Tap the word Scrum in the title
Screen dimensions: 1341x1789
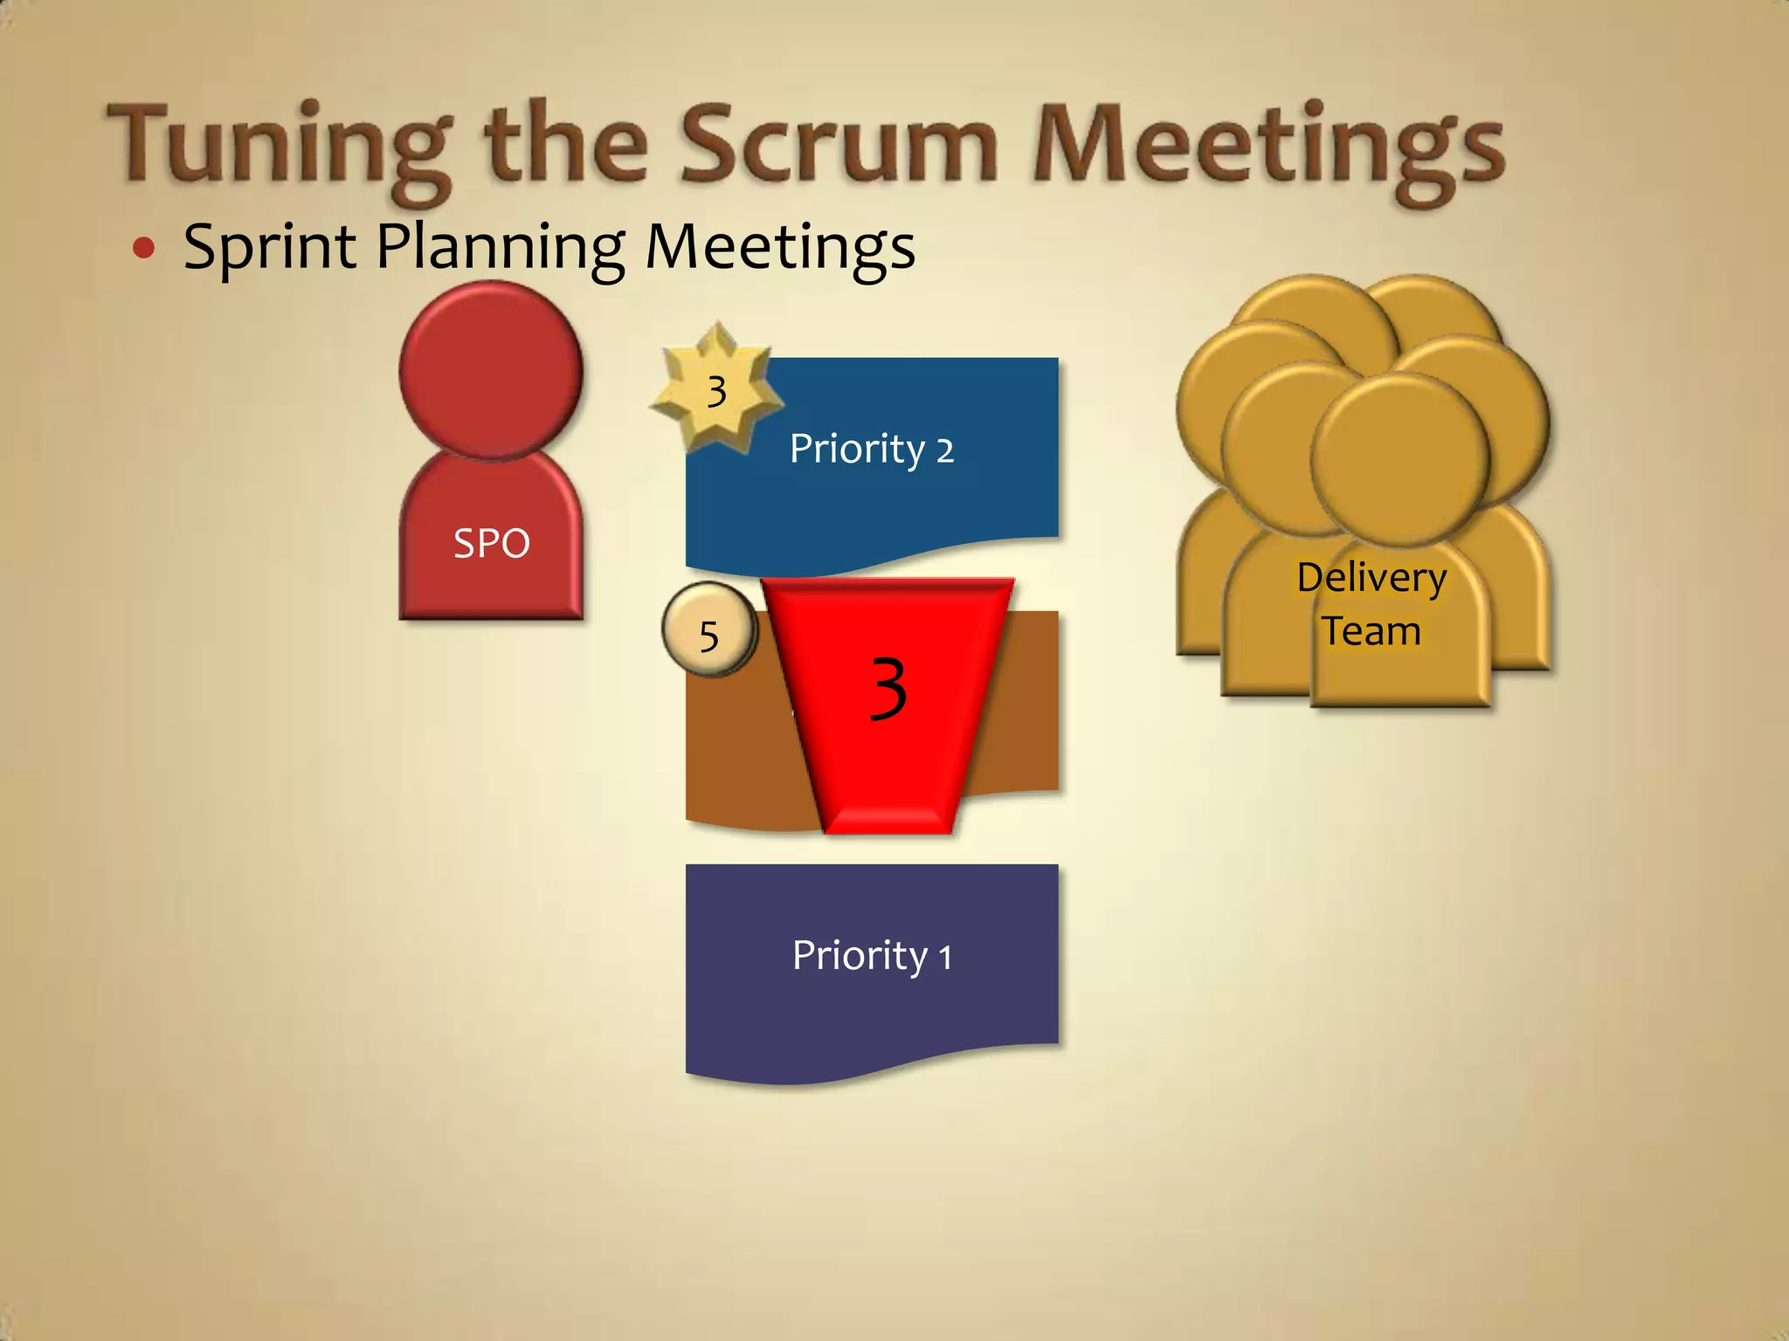click(839, 144)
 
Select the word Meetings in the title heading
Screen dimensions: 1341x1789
click(1267, 148)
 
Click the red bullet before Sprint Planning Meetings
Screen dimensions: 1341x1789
click(144, 249)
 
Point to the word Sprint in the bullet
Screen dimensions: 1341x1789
click(269, 248)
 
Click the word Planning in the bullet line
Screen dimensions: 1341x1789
click(500, 248)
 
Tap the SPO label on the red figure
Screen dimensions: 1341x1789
click(492, 544)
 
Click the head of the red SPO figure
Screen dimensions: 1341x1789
click(491, 371)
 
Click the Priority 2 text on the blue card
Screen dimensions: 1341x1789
click(871, 449)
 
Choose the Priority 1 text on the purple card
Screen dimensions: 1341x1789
click(871, 955)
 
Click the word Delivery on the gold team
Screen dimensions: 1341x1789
click(1371, 578)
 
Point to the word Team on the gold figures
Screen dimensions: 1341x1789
click(1371, 631)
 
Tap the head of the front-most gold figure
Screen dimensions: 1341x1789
click(1399, 458)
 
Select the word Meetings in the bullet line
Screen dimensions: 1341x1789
click(779, 248)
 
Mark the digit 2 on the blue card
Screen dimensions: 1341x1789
click(945, 451)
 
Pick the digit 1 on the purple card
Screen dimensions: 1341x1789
click(944, 958)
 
